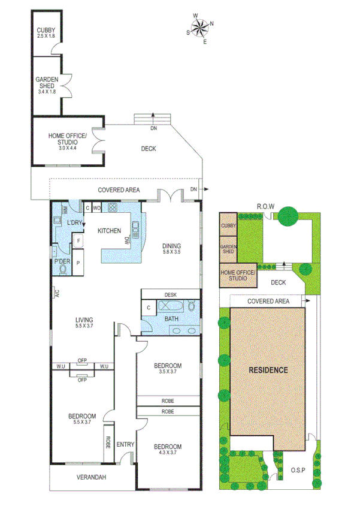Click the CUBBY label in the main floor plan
click(46, 32)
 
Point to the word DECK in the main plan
click(149, 149)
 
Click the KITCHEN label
click(110, 231)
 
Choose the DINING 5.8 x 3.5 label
click(171, 249)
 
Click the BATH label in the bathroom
click(172, 319)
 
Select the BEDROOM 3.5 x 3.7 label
click(168, 369)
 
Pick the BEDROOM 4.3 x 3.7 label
click(168, 450)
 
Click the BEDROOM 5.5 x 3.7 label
click(81, 420)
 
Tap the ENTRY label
click(126, 444)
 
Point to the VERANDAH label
click(91, 477)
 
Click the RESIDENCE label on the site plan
click(268, 370)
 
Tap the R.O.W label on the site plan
click(265, 207)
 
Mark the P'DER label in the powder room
click(62, 262)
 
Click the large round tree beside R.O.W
click(288, 215)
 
